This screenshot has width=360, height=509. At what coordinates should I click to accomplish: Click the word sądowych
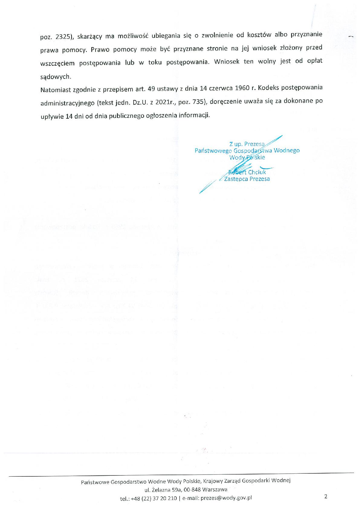pyautogui.click(x=56, y=77)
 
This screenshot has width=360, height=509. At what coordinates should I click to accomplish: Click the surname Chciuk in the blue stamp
pyautogui.click(x=257, y=172)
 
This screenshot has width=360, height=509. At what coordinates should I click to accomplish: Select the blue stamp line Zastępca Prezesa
pyautogui.click(x=247, y=179)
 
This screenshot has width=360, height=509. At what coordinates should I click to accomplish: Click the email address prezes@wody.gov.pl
pyautogui.click(x=226, y=498)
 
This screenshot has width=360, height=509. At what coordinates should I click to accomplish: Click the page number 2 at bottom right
pyautogui.click(x=326, y=496)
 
